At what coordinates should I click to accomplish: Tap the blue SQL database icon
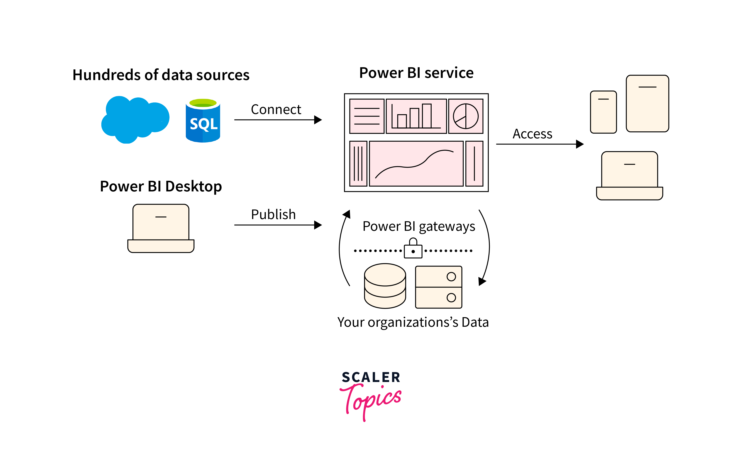click(x=203, y=121)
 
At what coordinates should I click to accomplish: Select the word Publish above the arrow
click(x=273, y=214)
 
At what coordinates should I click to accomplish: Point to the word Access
click(x=532, y=134)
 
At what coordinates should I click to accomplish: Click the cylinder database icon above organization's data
click(x=385, y=286)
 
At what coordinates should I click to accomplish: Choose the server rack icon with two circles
click(x=438, y=287)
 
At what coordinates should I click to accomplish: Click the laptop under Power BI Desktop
click(x=161, y=228)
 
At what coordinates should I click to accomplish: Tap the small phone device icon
click(x=603, y=112)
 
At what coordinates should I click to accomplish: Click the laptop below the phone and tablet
click(x=629, y=176)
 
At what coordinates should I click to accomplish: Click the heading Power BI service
click(x=416, y=73)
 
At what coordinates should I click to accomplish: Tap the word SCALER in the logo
click(x=371, y=377)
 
